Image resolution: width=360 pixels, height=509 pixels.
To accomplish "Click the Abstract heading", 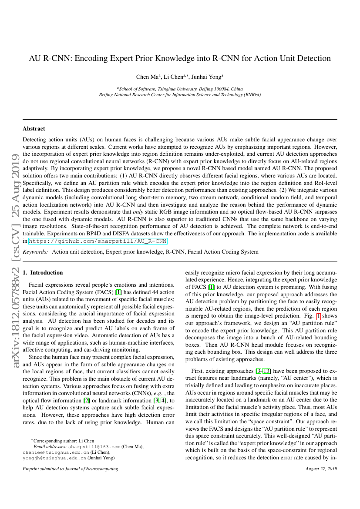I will (x=34, y=129).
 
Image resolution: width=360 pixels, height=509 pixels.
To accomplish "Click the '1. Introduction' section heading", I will (x=43, y=273).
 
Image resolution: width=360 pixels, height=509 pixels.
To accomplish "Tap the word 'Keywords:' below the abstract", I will (x=35, y=252).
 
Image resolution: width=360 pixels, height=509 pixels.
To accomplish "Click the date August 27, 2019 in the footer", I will (x=322, y=469).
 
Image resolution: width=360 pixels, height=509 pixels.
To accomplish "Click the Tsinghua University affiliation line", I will (x=180, y=89).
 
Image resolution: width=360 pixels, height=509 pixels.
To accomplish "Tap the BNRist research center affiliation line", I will (x=180, y=94).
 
